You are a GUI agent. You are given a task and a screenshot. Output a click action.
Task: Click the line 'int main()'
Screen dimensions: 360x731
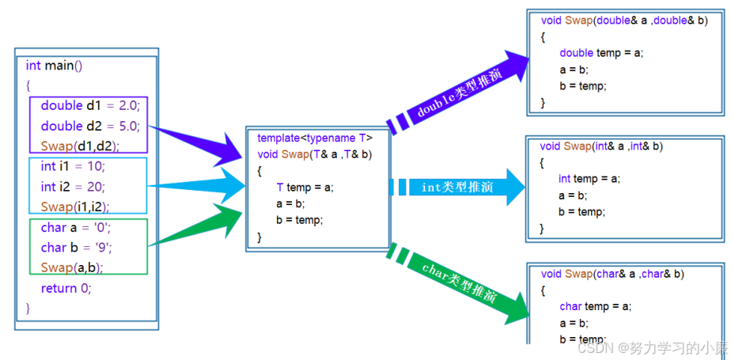54,66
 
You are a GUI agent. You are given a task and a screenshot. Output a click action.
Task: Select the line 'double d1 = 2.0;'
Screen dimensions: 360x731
89,105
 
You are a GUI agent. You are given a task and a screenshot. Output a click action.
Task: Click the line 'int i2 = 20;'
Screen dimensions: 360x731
73,187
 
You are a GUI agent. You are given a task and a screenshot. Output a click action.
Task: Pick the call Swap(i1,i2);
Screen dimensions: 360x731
75,207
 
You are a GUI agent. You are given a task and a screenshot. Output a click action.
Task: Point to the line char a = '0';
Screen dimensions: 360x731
76,228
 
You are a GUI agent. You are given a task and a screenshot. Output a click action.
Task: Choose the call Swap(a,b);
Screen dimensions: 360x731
72,267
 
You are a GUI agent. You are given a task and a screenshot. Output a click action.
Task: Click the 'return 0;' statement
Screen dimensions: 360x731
66,288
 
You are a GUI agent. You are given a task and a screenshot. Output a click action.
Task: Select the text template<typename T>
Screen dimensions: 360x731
315,138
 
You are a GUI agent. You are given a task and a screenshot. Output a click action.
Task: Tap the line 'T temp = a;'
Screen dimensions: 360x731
305,188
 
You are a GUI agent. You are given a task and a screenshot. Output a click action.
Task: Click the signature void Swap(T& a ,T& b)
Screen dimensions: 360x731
315,154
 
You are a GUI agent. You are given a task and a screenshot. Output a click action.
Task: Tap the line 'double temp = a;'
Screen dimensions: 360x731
601,53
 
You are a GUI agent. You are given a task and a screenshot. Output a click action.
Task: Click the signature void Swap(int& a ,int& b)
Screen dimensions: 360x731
601,146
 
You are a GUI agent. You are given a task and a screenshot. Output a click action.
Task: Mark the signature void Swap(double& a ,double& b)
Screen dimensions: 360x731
623,20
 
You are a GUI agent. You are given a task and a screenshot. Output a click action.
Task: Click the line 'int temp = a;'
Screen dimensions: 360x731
589,179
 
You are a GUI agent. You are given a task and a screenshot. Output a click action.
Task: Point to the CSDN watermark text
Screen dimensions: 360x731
650,348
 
